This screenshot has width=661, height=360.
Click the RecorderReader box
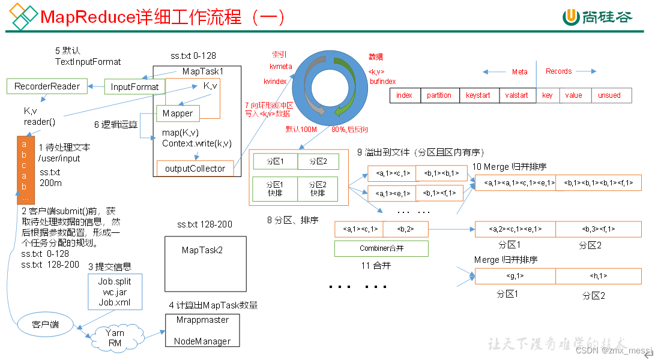(47, 86)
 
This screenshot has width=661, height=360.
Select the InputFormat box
(134, 87)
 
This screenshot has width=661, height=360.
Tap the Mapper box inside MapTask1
(178, 113)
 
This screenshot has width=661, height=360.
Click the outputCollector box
(195, 169)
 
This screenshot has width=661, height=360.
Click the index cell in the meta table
(405, 95)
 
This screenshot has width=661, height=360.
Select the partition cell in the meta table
(439, 95)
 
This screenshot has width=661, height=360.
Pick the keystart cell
(478, 95)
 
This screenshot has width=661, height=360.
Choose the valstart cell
(517, 95)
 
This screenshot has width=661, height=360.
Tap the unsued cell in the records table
(609, 95)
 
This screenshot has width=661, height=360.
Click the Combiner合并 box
(381, 248)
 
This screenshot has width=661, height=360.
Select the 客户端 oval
(46, 324)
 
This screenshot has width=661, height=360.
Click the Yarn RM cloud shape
(114, 337)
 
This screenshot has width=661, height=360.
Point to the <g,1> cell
(515, 276)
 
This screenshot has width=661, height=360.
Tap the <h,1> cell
(598, 276)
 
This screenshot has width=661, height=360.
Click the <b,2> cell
(404, 229)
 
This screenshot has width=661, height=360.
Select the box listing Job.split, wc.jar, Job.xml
(115, 292)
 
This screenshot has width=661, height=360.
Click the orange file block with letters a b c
(25, 170)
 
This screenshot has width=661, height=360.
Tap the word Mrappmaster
(202, 320)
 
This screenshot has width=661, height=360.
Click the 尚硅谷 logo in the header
(598, 17)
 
